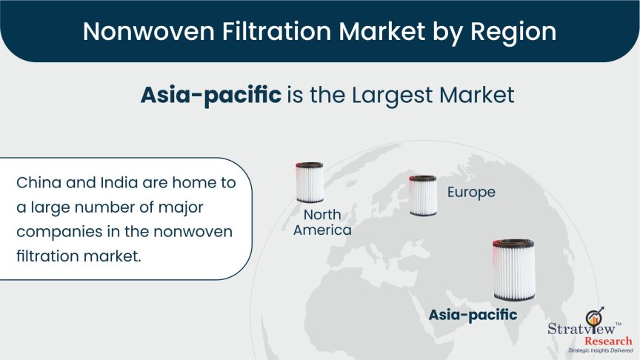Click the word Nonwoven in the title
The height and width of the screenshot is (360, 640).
click(149, 31)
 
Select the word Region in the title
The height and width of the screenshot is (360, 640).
click(513, 32)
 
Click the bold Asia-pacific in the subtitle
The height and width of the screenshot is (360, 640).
click(211, 95)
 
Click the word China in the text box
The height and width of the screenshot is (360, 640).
click(39, 182)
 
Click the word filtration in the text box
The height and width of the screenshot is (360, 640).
click(47, 256)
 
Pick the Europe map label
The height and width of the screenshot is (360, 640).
click(471, 193)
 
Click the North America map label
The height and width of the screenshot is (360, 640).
click(322, 222)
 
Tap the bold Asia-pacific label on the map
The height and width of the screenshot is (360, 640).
click(473, 315)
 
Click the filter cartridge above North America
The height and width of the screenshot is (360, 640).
click(310, 182)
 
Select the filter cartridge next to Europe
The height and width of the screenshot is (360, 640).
click(423, 196)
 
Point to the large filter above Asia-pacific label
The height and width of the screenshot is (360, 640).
click(514, 270)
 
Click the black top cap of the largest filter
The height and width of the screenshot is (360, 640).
click(514, 243)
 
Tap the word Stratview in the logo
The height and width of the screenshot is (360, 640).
click(581, 329)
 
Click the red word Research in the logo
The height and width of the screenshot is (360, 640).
click(608, 341)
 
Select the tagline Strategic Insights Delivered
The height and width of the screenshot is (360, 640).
click(601, 350)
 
